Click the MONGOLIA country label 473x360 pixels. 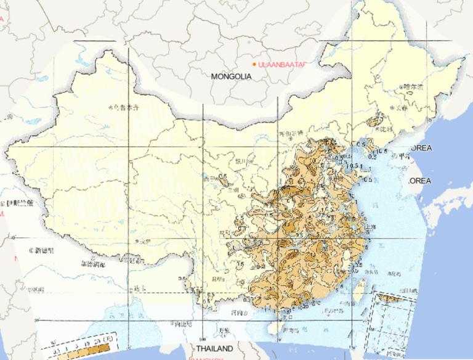(231, 77)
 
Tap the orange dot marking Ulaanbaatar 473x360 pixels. (254, 64)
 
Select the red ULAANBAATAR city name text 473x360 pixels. (282, 64)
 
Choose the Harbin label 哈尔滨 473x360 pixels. (412, 87)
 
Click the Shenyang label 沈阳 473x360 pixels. (385, 129)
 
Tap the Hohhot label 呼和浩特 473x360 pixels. (291, 133)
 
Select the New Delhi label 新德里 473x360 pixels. (44, 250)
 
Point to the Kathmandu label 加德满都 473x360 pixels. (92, 264)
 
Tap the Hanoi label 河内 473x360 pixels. (237, 313)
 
